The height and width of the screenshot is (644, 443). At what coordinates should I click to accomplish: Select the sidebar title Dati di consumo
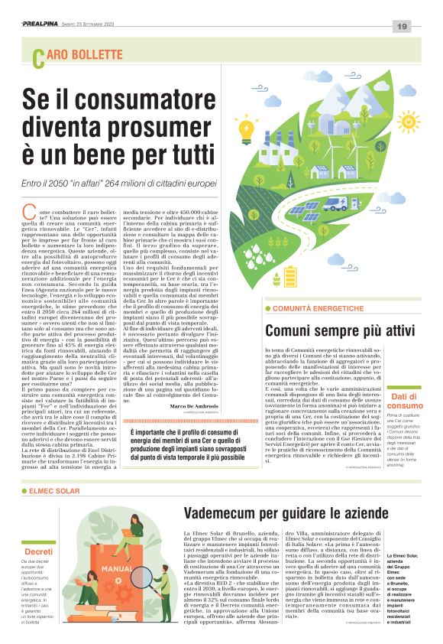click(406, 402)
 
